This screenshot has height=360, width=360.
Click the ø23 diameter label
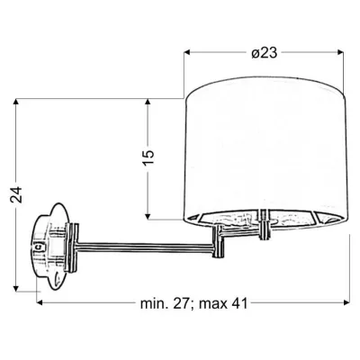click(264, 53)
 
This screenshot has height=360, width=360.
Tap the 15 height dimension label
click(148, 157)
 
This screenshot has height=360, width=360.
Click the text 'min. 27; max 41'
click(193, 303)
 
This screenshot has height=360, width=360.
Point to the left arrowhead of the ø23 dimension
click(187, 52)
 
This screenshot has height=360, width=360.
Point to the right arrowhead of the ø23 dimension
click(339, 52)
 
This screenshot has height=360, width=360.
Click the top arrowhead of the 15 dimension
click(148, 102)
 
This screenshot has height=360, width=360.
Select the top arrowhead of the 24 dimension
click(16, 102)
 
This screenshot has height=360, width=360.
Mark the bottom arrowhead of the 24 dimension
click(16, 288)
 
